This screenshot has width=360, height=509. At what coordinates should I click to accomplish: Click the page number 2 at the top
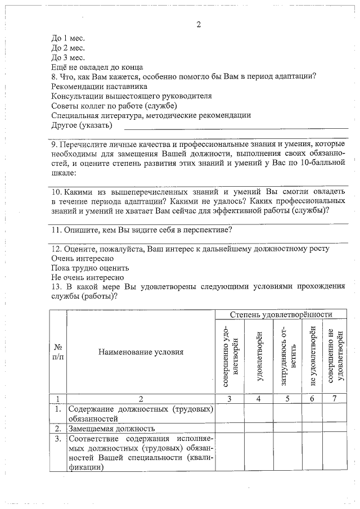pyautogui.click(x=199, y=25)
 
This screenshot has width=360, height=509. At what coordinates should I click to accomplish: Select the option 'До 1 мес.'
pyautogui.click(x=67, y=38)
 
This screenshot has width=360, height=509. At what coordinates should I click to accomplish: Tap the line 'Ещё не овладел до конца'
pyautogui.click(x=96, y=67)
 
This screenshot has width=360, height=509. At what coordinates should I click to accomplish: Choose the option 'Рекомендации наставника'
pyautogui.click(x=99, y=87)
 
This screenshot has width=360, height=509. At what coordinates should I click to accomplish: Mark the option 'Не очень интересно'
pyautogui.click(x=87, y=277)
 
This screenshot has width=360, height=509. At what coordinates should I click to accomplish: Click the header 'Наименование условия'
pyautogui.click(x=141, y=353)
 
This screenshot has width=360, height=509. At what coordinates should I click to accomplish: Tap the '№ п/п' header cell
pyautogui.click(x=58, y=353)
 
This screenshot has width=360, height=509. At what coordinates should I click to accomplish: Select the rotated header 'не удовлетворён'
pyautogui.click(x=313, y=356)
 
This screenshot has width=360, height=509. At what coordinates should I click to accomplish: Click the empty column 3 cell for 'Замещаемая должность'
pyautogui.click(x=229, y=429)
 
